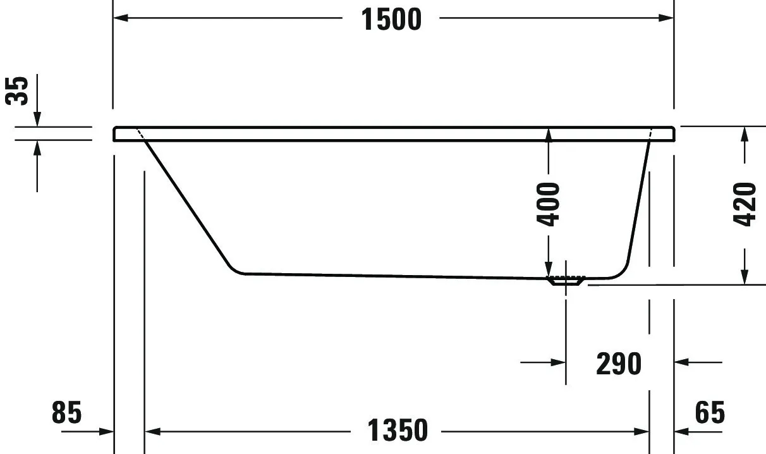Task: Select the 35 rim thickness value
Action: pos(18,90)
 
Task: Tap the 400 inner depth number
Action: pos(548,204)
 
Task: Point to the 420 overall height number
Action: pos(745,204)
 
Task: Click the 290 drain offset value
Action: pos(619,363)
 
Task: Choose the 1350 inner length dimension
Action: pos(398,431)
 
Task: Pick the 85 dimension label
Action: pos(67,414)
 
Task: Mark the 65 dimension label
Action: pos(710,414)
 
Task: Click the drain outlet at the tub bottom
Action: pos(567,280)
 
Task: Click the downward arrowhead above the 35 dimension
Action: pos(37,119)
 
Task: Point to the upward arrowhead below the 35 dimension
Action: pos(37,148)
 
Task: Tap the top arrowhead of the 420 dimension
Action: pos(745,134)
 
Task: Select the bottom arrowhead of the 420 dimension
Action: pos(745,276)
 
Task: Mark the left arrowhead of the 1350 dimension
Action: pos(154,431)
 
